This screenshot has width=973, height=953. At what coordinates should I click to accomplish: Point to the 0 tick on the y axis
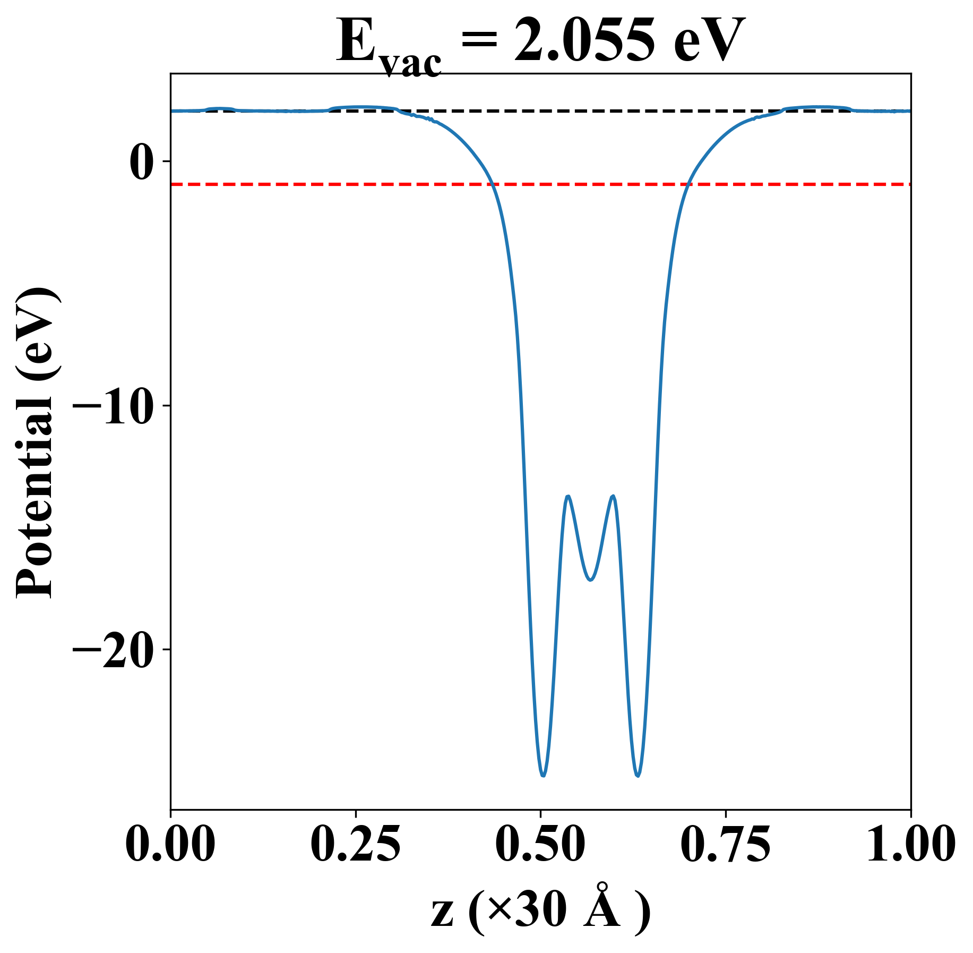(140, 161)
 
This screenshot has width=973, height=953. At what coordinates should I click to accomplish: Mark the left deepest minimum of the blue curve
(543, 776)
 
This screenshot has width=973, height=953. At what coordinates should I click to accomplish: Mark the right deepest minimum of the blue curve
(638, 776)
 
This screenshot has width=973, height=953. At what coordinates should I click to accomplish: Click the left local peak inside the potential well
(569, 496)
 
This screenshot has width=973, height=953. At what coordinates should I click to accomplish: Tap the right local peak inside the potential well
(614, 496)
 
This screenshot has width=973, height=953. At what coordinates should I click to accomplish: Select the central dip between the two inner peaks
(590, 580)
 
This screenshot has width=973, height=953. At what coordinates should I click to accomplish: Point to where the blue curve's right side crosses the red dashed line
(687, 184)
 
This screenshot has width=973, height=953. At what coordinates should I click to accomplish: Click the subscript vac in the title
(411, 64)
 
